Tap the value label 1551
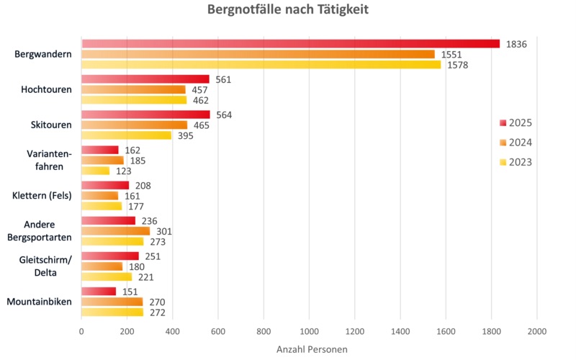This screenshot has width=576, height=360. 451,55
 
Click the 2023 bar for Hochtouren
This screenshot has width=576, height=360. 134,100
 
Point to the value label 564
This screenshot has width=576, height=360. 224,114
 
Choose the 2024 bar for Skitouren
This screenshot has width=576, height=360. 134,125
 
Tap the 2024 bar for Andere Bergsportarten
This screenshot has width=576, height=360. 115,231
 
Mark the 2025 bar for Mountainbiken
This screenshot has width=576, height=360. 99,291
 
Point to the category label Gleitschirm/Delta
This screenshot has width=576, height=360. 44,266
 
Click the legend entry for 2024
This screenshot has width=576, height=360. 516,142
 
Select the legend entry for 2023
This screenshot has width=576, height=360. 516,162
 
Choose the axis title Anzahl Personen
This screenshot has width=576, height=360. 312,349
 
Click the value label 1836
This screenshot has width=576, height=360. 516,44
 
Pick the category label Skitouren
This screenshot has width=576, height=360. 52,125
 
